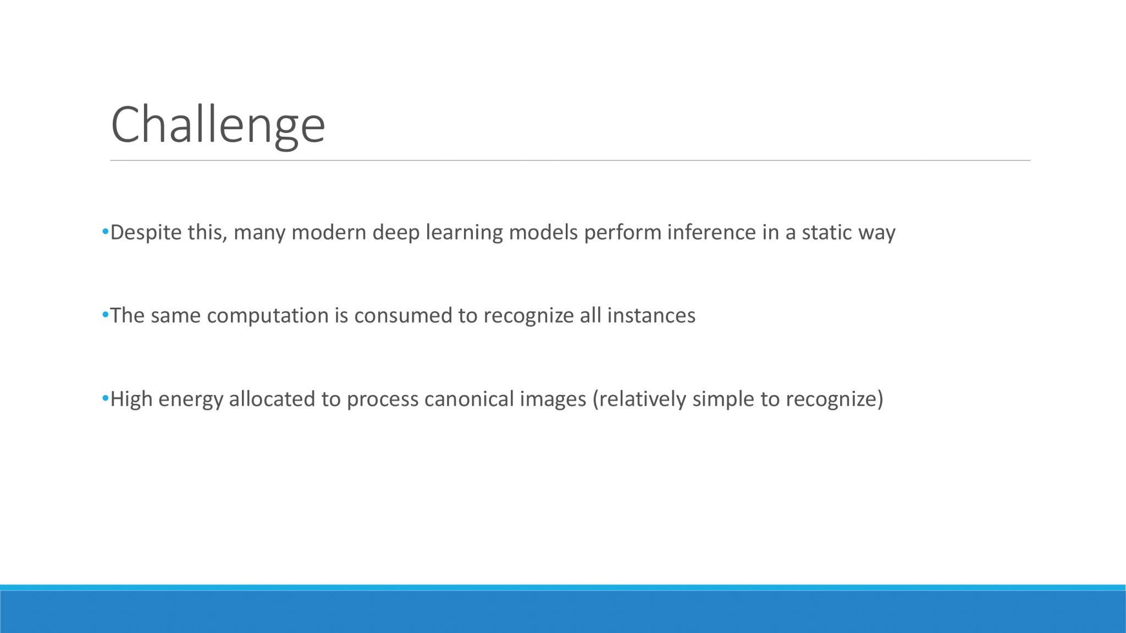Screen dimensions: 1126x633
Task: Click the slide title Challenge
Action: coord(218,126)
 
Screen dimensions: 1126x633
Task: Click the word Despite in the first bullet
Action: coord(146,233)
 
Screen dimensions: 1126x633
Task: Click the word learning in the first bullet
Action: coord(464,233)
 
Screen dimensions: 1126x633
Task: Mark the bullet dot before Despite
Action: coord(105,232)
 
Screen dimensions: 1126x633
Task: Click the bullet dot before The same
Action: coord(105,315)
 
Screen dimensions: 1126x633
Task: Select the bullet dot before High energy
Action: coord(105,398)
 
